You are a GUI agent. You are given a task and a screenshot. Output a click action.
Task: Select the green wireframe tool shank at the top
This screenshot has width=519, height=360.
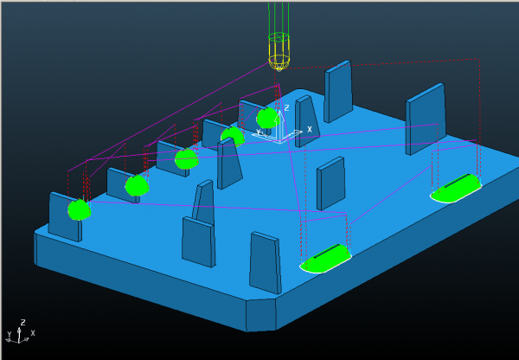279,18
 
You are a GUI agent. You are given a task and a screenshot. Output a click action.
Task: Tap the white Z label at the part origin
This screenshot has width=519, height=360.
286,107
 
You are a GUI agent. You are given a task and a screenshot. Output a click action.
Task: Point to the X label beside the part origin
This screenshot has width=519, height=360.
310,130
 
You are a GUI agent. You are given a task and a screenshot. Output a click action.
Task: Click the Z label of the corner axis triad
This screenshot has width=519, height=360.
22,322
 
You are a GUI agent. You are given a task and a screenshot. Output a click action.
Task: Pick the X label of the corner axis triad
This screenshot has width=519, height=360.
33,333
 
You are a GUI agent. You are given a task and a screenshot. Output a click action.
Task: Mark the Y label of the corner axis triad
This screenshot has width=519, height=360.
10,333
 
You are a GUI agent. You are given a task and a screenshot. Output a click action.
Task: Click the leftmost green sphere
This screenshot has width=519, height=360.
79,209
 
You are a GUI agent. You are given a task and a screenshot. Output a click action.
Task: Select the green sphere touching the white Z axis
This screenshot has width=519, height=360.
267,118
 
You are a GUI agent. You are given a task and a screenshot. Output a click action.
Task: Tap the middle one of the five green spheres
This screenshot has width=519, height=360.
186,159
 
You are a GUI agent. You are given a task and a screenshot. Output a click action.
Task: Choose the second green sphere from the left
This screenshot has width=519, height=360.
137,185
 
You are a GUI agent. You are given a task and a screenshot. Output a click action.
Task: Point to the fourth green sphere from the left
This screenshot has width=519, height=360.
233,136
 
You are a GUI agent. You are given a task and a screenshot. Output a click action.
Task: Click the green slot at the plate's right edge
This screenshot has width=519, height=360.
457,188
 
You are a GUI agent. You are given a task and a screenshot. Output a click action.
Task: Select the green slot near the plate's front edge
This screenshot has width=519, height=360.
325,259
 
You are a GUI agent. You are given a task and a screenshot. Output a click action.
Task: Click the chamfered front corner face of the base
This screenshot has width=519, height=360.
261,314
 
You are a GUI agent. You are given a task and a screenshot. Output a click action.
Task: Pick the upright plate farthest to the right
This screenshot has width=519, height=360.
426,119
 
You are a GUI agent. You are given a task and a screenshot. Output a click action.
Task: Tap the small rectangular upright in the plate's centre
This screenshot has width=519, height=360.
331,183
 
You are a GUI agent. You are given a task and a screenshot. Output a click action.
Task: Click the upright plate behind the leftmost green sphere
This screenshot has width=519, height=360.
65,217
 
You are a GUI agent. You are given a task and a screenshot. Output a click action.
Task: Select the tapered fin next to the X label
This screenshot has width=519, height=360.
307,121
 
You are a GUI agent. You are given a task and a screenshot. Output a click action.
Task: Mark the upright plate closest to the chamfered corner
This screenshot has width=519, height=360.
266,262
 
